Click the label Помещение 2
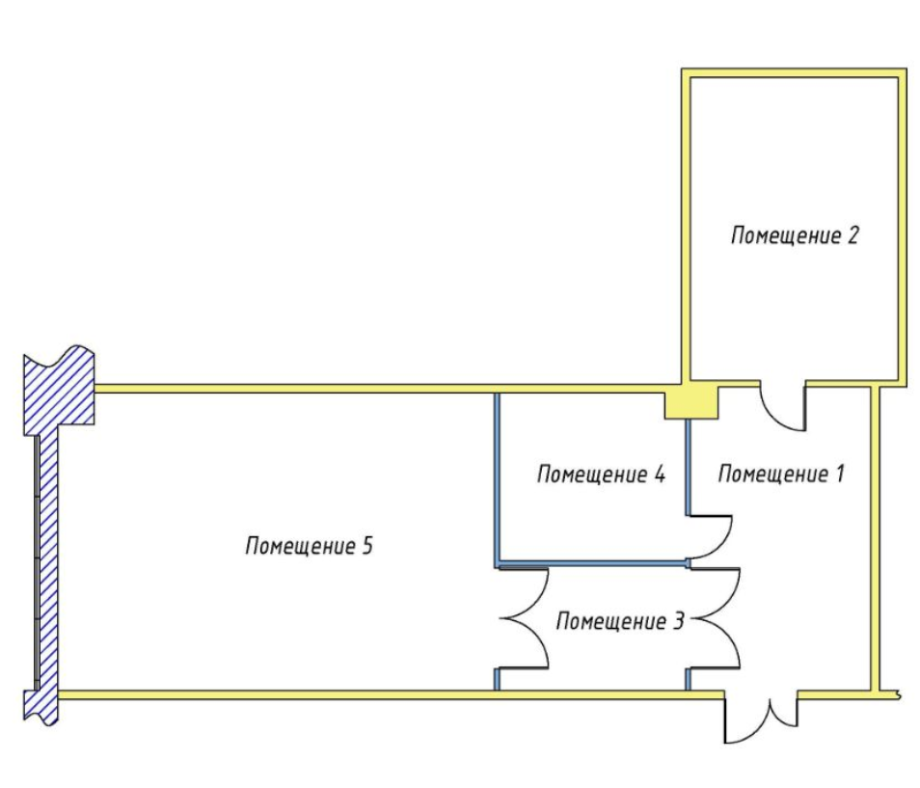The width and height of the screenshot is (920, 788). [794, 235]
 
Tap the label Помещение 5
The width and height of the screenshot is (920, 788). [309, 546]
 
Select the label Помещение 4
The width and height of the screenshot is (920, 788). [601, 475]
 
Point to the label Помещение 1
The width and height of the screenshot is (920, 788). [781, 475]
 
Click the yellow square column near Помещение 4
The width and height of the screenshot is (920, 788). [692, 400]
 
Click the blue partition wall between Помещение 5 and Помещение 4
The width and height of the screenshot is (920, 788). [497, 477]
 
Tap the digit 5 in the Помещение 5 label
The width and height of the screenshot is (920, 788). [366, 546]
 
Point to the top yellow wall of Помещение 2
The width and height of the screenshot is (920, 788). [794, 74]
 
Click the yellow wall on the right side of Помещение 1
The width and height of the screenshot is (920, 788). [876, 540]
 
